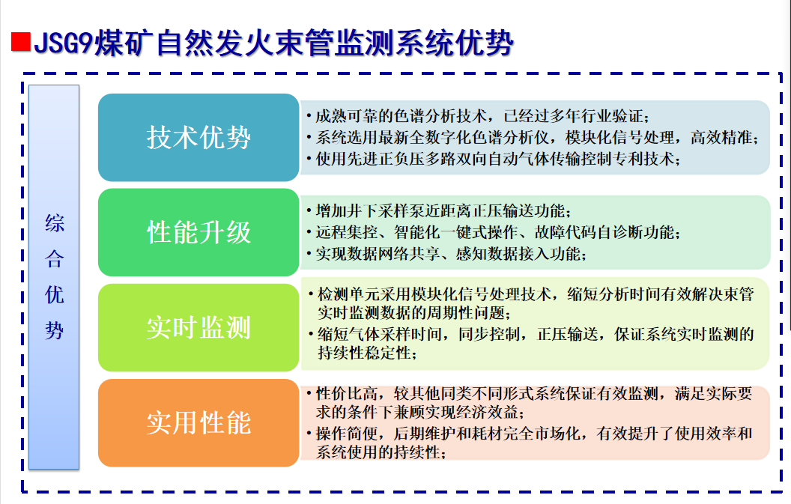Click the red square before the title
[21, 42]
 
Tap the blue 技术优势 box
[198, 137]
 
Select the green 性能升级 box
[198, 232]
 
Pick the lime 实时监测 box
[198, 327]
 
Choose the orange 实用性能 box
[198, 423]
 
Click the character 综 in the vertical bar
[54, 223]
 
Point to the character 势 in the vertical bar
[54, 331]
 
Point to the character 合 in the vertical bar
[54, 259]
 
